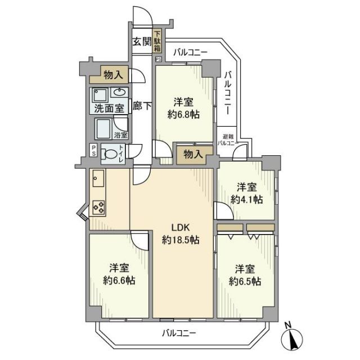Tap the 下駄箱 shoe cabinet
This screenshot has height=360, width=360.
tap(158, 41)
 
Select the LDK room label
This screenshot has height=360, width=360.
tap(181, 227)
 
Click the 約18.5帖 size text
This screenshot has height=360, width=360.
tap(181, 240)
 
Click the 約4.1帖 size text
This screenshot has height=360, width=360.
tap(246, 199)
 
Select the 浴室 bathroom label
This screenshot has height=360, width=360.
tap(120, 135)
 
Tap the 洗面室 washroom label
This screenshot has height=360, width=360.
tap(109, 108)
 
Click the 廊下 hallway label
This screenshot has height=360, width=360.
tap(142, 105)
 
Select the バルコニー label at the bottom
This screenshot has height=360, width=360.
tap(179, 333)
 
